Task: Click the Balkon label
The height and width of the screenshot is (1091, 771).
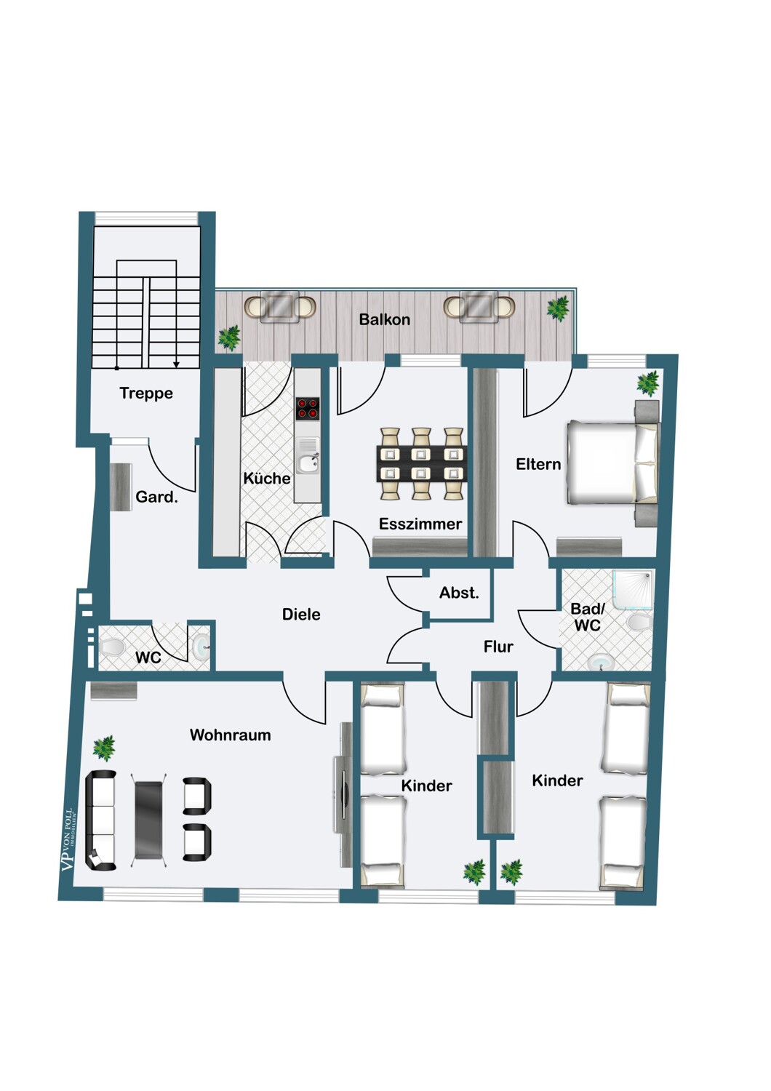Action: (x=384, y=319)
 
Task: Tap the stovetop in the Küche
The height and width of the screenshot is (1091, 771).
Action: (x=308, y=408)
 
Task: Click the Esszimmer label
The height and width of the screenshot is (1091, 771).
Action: (x=420, y=524)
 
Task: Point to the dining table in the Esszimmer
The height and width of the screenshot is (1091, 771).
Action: (x=422, y=464)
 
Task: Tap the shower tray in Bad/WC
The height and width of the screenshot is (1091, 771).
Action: (x=633, y=591)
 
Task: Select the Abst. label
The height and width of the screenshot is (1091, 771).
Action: (x=459, y=593)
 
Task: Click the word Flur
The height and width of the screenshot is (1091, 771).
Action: (x=498, y=647)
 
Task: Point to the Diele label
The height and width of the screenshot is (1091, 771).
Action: (x=301, y=614)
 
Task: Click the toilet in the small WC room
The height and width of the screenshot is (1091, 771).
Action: (x=113, y=647)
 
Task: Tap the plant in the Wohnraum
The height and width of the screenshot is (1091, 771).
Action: (x=104, y=748)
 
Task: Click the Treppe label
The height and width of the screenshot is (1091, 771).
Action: (x=146, y=393)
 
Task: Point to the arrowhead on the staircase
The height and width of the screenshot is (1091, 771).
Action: (x=176, y=365)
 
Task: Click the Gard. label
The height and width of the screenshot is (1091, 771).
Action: (x=156, y=497)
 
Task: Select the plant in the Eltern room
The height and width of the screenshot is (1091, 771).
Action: (x=648, y=383)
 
